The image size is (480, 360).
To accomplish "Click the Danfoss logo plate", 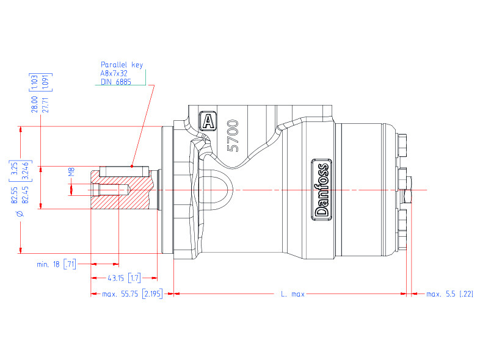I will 322,189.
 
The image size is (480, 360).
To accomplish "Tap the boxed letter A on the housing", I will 208,121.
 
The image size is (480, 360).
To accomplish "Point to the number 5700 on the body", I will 233,135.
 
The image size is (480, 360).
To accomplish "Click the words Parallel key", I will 122,64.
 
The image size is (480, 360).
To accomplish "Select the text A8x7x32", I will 114,73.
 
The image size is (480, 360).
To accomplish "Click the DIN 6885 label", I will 115,82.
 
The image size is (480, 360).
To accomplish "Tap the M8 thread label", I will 71,173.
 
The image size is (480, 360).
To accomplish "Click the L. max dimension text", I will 293,294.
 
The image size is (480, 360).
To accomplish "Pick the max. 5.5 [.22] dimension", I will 449,294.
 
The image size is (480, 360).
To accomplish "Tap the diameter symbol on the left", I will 20,214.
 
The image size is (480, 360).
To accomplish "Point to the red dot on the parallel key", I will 132,165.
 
